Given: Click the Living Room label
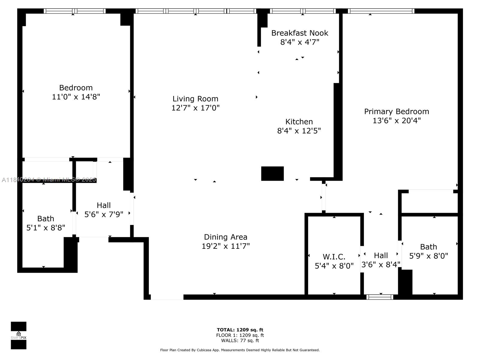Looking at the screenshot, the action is (195, 99).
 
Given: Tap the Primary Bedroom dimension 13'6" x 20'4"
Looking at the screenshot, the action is (397, 120).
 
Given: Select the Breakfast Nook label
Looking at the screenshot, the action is (300, 33).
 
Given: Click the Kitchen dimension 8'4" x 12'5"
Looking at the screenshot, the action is (299, 131).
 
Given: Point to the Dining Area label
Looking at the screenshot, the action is (226, 237).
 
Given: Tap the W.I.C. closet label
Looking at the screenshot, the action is (334, 256).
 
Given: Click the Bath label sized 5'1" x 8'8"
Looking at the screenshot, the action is (46, 219).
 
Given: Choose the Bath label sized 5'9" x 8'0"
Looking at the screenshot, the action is (428, 247).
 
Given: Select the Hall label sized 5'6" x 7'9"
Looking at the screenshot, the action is (104, 205).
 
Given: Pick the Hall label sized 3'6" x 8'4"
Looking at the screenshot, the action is (381, 255).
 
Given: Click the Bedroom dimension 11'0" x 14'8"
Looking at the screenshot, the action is (76, 97).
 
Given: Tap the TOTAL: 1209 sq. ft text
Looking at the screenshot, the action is (240, 330).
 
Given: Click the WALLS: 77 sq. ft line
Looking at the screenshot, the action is (240, 340).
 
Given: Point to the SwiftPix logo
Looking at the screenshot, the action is (19, 335).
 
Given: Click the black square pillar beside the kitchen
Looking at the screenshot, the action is (272, 174).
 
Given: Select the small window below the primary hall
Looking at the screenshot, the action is (380, 297).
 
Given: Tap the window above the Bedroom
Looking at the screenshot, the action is (75, 11).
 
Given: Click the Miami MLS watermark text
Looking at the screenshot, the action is (49, 180).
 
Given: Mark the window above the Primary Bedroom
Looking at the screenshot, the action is (381, 11).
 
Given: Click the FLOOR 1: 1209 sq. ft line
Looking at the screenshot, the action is (240, 335).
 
